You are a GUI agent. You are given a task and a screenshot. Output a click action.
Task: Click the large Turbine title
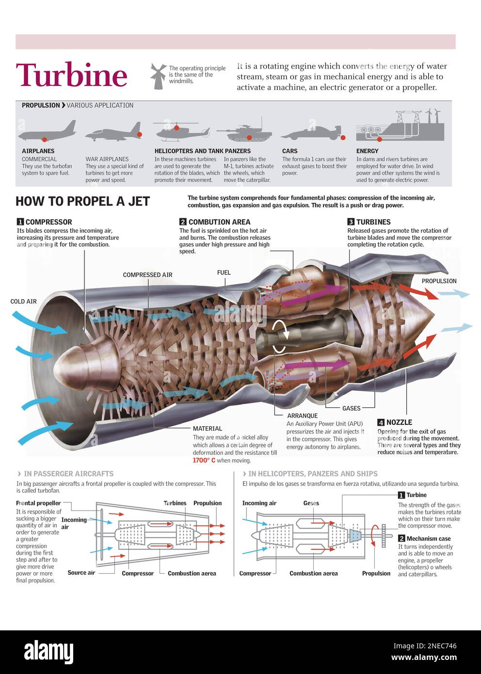point(72,75)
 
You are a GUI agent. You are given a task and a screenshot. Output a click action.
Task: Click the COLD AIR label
point(23,302)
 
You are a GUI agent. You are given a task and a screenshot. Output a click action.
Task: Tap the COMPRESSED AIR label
point(147,275)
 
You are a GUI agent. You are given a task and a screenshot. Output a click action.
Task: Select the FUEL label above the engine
point(224,273)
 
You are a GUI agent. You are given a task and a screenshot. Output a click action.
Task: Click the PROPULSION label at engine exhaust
point(439,281)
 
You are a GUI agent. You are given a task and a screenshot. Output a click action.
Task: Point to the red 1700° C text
point(204,461)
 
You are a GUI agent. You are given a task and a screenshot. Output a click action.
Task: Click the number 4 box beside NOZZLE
point(381,422)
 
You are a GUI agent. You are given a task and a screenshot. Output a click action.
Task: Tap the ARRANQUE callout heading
point(302,416)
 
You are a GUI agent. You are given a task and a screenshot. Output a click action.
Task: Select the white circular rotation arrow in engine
point(281,335)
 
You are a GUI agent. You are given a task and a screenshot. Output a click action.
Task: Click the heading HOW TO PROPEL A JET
point(82,201)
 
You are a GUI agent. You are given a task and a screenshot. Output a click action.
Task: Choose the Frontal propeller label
point(38,503)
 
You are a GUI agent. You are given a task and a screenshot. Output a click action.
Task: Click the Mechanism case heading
point(428,539)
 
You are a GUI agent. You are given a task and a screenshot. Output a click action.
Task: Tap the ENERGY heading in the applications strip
point(367,151)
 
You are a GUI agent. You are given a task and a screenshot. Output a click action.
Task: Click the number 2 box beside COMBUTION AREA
point(183,222)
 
